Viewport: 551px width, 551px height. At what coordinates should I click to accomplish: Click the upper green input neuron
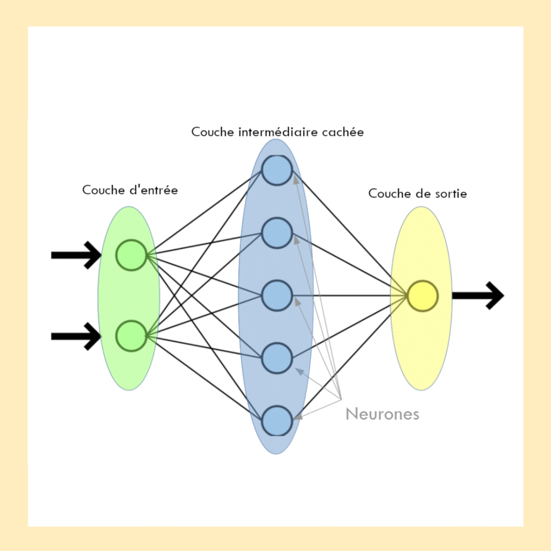click(x=131, y=255)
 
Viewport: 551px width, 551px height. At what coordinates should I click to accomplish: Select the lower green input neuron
click(x=131, y=336)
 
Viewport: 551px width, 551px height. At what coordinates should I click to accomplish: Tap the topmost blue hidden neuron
click(x=277, y=170)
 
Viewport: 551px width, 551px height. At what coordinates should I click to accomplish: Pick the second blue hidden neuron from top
click(x=277, y=233)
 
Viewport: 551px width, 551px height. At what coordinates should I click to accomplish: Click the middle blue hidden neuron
click(x=277, y=295)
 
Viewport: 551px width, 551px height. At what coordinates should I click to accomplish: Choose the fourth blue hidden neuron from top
click(x=277, y=358)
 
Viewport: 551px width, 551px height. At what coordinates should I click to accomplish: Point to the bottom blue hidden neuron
click(x=277, y=420)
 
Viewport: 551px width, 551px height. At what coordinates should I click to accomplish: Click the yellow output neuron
click(x=422, y=295)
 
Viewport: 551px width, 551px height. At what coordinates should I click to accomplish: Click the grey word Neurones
click(x=382, y=414)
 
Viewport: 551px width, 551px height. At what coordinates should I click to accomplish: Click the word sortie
click(x=448, y=194)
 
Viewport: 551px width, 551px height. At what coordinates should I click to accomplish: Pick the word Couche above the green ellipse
click(x=103, y=190)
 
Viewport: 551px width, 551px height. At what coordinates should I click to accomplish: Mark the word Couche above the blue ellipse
click(x=212, y=132)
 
